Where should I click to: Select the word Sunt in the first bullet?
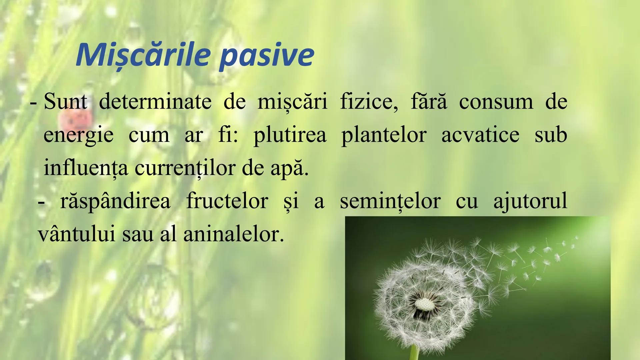coord(65,102)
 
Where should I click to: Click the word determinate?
coord(155,102)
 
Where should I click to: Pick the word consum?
coord(496,102)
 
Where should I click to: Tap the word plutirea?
coord(290,135)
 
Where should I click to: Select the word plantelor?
coord(384,135)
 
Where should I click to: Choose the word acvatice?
coord(480,135)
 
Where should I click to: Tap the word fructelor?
coord(227,201)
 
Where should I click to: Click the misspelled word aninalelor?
coord(233,234)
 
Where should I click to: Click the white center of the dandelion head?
coord(424,304)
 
